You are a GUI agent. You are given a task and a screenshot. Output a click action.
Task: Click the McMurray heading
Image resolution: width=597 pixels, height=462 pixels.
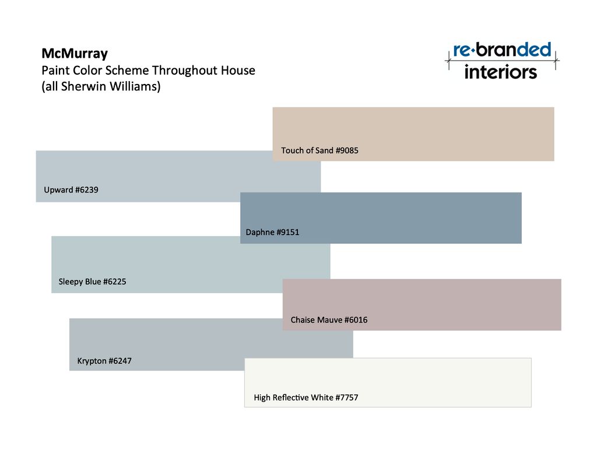75,54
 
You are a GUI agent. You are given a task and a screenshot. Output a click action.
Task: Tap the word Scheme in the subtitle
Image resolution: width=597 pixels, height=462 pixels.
127,71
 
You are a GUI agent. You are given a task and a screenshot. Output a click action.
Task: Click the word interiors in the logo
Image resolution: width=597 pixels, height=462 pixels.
501,72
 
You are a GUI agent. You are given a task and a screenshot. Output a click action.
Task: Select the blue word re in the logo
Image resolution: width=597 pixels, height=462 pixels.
462,51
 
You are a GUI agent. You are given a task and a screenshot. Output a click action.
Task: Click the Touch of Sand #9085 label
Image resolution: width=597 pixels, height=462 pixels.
320,150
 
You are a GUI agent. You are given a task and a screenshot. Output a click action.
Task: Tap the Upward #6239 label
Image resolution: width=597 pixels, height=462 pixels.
71,190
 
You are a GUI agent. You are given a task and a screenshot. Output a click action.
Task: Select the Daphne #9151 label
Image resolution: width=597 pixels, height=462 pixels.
273,232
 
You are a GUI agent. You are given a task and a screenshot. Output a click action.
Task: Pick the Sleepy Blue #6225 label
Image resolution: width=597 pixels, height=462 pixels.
93,282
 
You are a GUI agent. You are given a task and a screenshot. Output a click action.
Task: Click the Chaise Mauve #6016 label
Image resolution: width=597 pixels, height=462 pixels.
329,320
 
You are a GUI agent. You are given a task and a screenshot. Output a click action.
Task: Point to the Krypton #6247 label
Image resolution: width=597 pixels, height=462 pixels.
104,360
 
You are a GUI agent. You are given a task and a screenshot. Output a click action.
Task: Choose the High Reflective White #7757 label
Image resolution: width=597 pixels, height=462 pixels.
306,398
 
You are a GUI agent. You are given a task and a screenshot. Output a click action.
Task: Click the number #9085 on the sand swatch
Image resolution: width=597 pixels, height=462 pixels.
347,150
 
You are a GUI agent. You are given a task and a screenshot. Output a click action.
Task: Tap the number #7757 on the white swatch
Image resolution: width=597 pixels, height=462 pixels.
347,398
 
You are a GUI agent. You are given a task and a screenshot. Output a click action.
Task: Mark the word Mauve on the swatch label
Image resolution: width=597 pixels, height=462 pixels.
330,320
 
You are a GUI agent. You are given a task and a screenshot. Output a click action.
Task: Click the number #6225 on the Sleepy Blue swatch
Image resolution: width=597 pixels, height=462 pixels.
115,282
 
